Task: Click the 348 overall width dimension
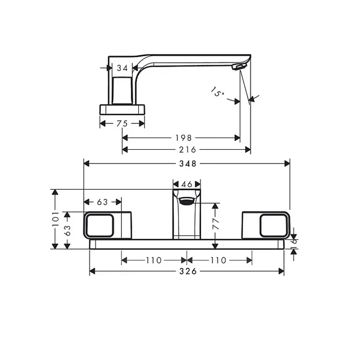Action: pos(188,164)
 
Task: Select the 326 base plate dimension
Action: pos(188,272)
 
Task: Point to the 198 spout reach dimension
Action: pos(184,138)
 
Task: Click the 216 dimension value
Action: pos(188,150)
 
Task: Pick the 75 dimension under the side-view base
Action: pos(122,124)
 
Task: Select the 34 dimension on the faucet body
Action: pos(122,68)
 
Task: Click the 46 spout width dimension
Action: pos(187,184)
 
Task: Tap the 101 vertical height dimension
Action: pos(56,219)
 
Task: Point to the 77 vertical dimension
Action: pos(216,224)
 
